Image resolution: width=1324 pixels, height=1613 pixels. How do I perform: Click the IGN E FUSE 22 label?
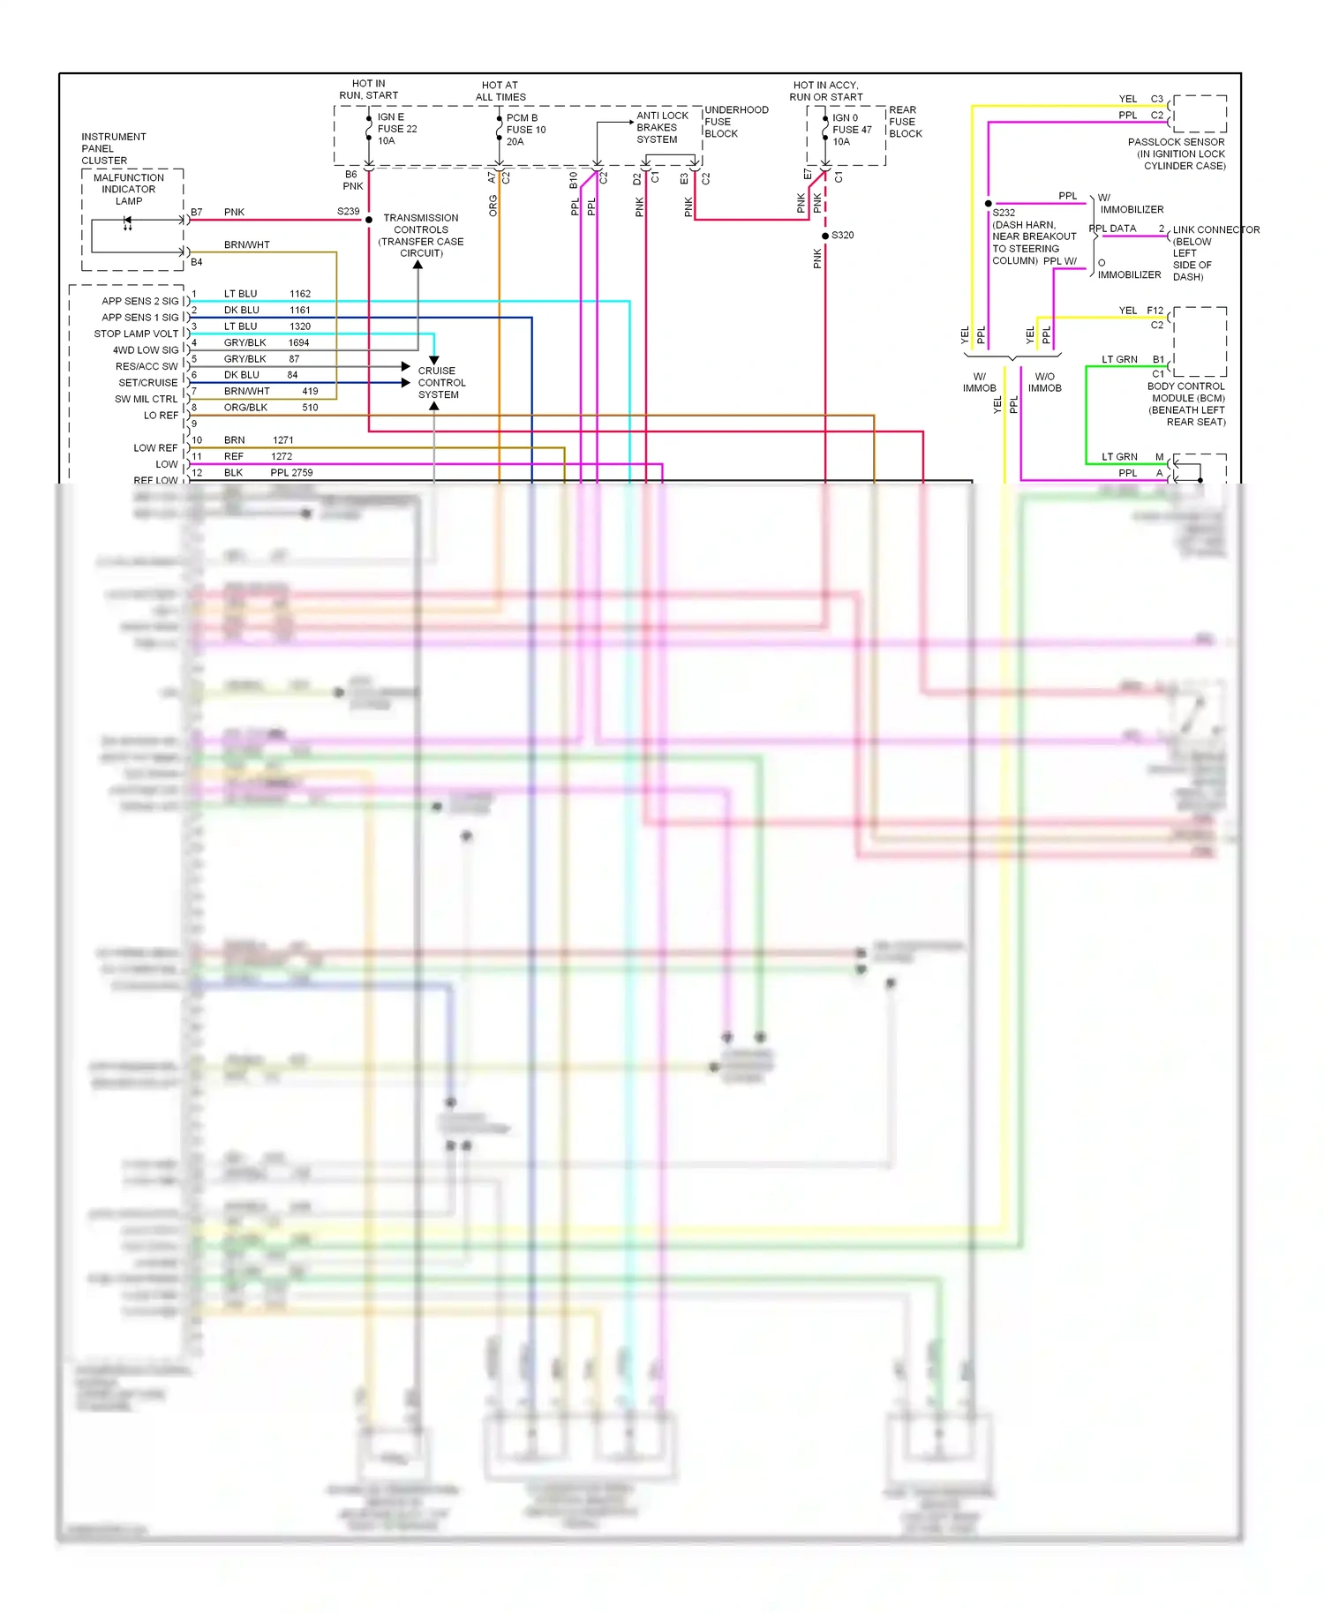coord(396,129)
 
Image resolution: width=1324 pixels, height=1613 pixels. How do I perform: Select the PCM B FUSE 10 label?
coord(525,130)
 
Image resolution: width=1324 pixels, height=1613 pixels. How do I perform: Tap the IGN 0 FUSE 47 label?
coord(851,130)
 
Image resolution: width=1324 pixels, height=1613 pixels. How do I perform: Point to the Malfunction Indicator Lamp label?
coord(129,190)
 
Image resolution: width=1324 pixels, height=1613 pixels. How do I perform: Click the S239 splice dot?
coord(369,220)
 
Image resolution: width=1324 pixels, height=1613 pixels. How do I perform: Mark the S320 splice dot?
coord(825,236)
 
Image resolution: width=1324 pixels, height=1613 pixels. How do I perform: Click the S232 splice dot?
coord(989,204)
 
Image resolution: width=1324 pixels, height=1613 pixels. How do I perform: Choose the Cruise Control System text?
coord(441,383)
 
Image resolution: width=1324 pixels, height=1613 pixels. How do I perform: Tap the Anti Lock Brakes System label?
coord(662,128)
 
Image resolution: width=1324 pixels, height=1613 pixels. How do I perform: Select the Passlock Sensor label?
coord(1177,154)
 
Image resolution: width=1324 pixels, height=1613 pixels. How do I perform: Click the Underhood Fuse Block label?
coord(735,122)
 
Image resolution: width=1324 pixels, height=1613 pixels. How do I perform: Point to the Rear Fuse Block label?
coord(905,122)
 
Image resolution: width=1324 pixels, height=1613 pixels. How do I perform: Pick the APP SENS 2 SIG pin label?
coord(139,302)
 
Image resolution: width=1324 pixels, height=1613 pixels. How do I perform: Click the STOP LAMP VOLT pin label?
coord(136,334)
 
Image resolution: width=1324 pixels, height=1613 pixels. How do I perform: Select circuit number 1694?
coord(298,342)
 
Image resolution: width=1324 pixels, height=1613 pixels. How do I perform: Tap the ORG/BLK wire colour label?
coord(245,408)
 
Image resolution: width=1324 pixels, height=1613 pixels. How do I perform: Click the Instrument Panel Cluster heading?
coord(113,149)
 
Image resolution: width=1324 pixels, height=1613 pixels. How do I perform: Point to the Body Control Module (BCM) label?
coord(1186,404)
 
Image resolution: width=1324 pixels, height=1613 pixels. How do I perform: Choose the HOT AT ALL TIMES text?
coord(500,92)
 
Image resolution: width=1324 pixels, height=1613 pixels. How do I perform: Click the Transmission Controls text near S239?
coord(421,236)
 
